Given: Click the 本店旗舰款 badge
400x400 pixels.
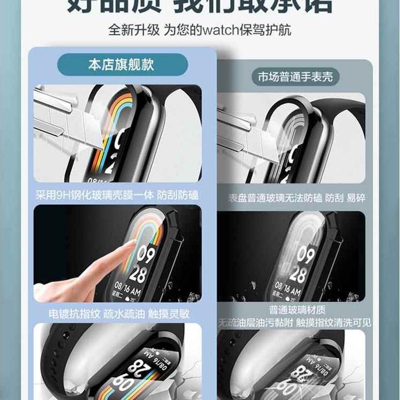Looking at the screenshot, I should [x=122, y=65].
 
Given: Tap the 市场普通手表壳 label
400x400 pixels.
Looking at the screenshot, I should [x=295, y=77].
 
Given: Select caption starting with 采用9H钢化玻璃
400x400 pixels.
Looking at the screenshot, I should [x=118, y=195].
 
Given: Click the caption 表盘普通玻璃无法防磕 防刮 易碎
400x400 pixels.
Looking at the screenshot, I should [x=297, y=198].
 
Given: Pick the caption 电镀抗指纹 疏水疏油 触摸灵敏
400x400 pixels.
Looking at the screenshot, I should [x=118, y=314].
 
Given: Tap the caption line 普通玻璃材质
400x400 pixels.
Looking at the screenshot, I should [x=298, y=309].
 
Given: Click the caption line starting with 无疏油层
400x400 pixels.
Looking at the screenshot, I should [x=294, y=323].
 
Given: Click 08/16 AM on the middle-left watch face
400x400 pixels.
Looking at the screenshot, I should [x=129, y=292].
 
